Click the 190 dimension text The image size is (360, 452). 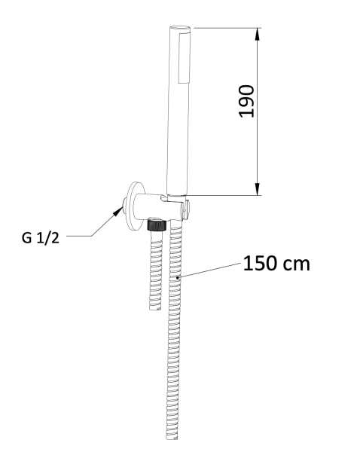click(x=246, y=101)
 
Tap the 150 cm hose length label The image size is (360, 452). click(x=276, y=264)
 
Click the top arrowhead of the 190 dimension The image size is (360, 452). click(x=258, y=35)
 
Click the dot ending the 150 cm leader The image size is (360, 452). click(x=178, y=279)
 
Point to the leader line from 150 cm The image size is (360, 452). click(x=211, y=271)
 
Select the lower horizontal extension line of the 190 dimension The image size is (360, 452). click(x=226, y=196)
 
